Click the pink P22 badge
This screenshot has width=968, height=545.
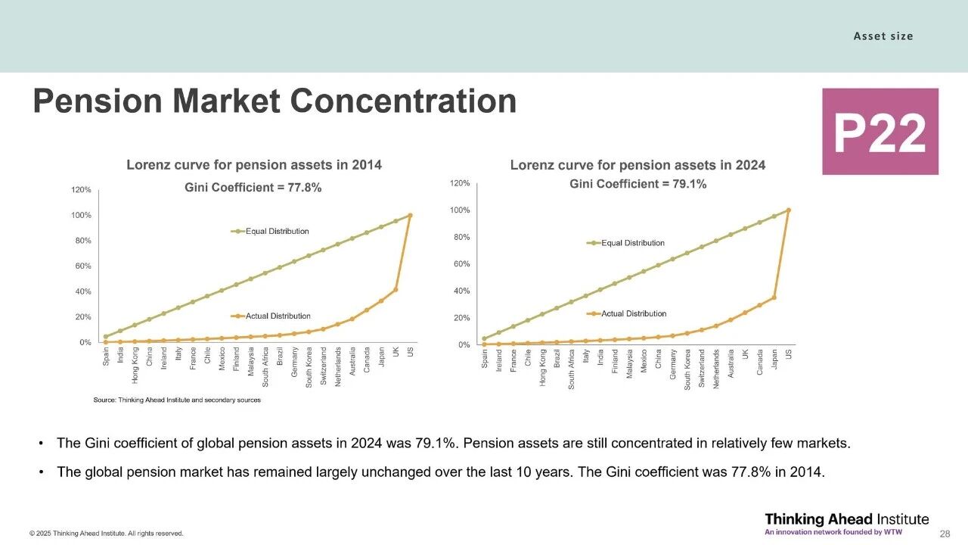point(880,132)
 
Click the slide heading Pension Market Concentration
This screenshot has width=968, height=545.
point(275,101)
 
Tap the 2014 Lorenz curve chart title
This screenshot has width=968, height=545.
point(254,164)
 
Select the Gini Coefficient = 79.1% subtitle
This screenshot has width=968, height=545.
point(638,184)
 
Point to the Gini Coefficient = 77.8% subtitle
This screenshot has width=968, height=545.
point(253,188)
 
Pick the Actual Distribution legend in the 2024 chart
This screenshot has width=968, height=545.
point(634,313)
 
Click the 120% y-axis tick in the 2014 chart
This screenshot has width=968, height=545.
point(82,190)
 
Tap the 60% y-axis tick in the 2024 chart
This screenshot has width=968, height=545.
point(460,264)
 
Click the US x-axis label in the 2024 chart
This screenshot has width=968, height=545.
point(788,353)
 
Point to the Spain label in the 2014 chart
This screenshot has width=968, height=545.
point(106,357)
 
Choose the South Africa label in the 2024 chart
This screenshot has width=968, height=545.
point(572,369)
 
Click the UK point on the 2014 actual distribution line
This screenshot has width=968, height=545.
point(396,289)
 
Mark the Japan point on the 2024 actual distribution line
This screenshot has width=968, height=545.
point(774,297)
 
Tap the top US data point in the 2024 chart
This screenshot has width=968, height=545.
point(788,210)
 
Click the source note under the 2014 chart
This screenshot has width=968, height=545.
point(177,400)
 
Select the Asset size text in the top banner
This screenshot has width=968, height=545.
point(883,36)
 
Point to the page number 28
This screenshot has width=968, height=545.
point(944,534)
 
